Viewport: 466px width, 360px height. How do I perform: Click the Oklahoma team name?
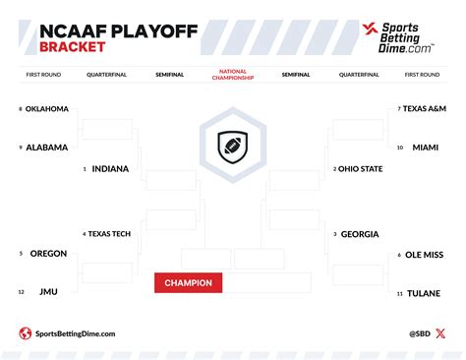pyautogui.click(x=47, y=108)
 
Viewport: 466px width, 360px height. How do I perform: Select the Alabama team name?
pyautogui.click(x=47, y=148)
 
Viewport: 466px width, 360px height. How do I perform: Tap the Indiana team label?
pyautogui.click(x=110, y=168)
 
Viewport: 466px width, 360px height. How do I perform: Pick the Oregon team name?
pyautogui.click(x=48, y=254)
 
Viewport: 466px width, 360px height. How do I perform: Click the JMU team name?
pyautogui.click(x=48, y=292)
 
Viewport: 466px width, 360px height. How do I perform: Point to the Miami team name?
pyautogui.click(x=425, y=148)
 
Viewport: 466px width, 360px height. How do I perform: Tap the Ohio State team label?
pyautogui.click(x=360, y=168)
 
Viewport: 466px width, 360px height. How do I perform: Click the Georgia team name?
pyautogui.click(x=359, y=234)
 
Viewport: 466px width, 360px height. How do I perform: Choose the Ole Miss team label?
pyautogui.click(x=425, y=254)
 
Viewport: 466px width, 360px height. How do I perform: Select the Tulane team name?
pyautogui.click(x=424, y=292)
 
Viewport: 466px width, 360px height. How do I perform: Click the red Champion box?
pyautogui.click(x=188, y=283)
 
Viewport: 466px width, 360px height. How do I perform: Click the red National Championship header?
pyautogui.click(x=232, y=74)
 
